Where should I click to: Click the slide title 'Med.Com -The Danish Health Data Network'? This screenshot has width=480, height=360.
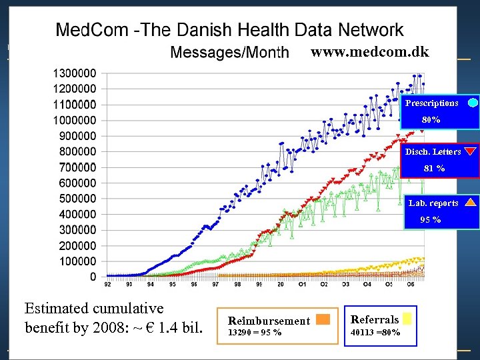pyautogui.click(x=229, y=29)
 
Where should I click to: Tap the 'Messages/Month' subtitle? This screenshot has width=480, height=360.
pyautogui.click(x=230, y=53)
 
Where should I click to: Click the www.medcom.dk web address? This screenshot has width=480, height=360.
pyautogui.click(x=370, y=52)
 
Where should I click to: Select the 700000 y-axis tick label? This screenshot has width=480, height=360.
pyautogui.click(x=77, y=167)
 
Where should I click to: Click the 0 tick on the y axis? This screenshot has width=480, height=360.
pyautogui.click(x=93, y=277)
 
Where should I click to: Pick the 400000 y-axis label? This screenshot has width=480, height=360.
pyautogui.click(x=77, y=214)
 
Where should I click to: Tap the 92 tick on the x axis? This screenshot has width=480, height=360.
pyautogui.click(x=108, y=284)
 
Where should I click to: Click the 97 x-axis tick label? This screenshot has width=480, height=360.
pyautogui.click(x=215, y=284)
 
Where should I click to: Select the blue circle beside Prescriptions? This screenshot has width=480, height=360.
pyautogui.click(x=473, y=103)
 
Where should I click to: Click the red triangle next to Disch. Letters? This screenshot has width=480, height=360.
pyautogui.click(x=471, y=151)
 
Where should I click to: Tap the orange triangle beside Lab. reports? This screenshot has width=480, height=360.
pyautogui.click(x=471, y=203)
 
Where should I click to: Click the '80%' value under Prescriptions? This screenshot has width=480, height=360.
pyautogui.click(x=431, y=120)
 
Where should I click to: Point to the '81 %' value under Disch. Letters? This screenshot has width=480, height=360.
pyautogui.click(x=434, y=169)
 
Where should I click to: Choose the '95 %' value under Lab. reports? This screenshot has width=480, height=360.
pyautogui.click(x=430, y=220)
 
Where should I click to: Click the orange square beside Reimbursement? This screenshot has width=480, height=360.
pyautogui.click(x=323, y=319)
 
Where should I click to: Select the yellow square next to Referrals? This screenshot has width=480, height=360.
pyautogui.click(x=407, y=318)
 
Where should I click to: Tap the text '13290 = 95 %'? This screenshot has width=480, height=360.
pyautogui.click(x=255, y=332)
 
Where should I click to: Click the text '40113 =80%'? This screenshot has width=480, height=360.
pyautogui.click(x=375, y=332)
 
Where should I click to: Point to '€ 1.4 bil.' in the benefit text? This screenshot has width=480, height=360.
pyautogui.click(x=171, y=328)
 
